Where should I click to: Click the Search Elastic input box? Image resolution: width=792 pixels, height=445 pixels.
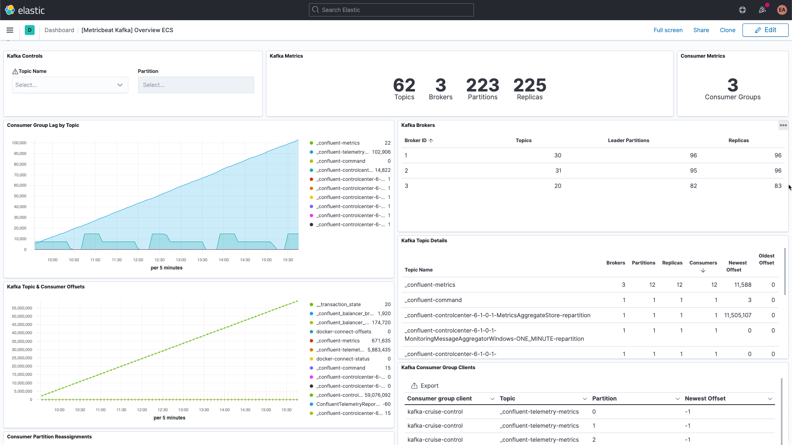(x=391, y=10)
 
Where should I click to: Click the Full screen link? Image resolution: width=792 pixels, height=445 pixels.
(x=668, y=30)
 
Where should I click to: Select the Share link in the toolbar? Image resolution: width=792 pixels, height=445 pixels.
(x=701, y=30)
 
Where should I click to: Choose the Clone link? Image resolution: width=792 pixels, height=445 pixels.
(x=727, y=30)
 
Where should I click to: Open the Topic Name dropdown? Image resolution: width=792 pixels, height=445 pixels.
(x=70, y=85)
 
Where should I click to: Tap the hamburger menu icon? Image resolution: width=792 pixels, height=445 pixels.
(x=10, y=30)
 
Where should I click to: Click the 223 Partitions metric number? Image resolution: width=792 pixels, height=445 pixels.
(x=482, y=85)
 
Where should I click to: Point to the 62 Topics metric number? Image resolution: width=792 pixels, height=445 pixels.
(x=404, y=85)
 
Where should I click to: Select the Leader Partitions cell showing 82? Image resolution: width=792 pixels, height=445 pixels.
(x=693, y=186)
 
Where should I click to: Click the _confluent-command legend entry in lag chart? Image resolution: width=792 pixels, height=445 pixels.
(x=340, y=161)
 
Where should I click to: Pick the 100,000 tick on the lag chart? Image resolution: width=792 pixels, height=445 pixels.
(x=19, y=143)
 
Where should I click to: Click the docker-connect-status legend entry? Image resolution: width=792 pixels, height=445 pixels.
(x=342, y=359)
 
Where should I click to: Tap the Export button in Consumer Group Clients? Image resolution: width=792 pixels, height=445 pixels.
(x=425, y=386)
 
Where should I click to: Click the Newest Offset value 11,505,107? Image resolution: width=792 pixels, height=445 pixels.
(x=738, y=315)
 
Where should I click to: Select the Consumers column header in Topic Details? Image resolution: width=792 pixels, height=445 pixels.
(x=703, y=263)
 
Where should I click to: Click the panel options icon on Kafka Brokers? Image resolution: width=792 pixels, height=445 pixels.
(x=783, y=125)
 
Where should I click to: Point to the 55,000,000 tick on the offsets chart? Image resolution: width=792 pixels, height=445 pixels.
(x=22, y=308)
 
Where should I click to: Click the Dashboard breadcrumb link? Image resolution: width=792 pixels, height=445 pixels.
(x=59, y=30)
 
